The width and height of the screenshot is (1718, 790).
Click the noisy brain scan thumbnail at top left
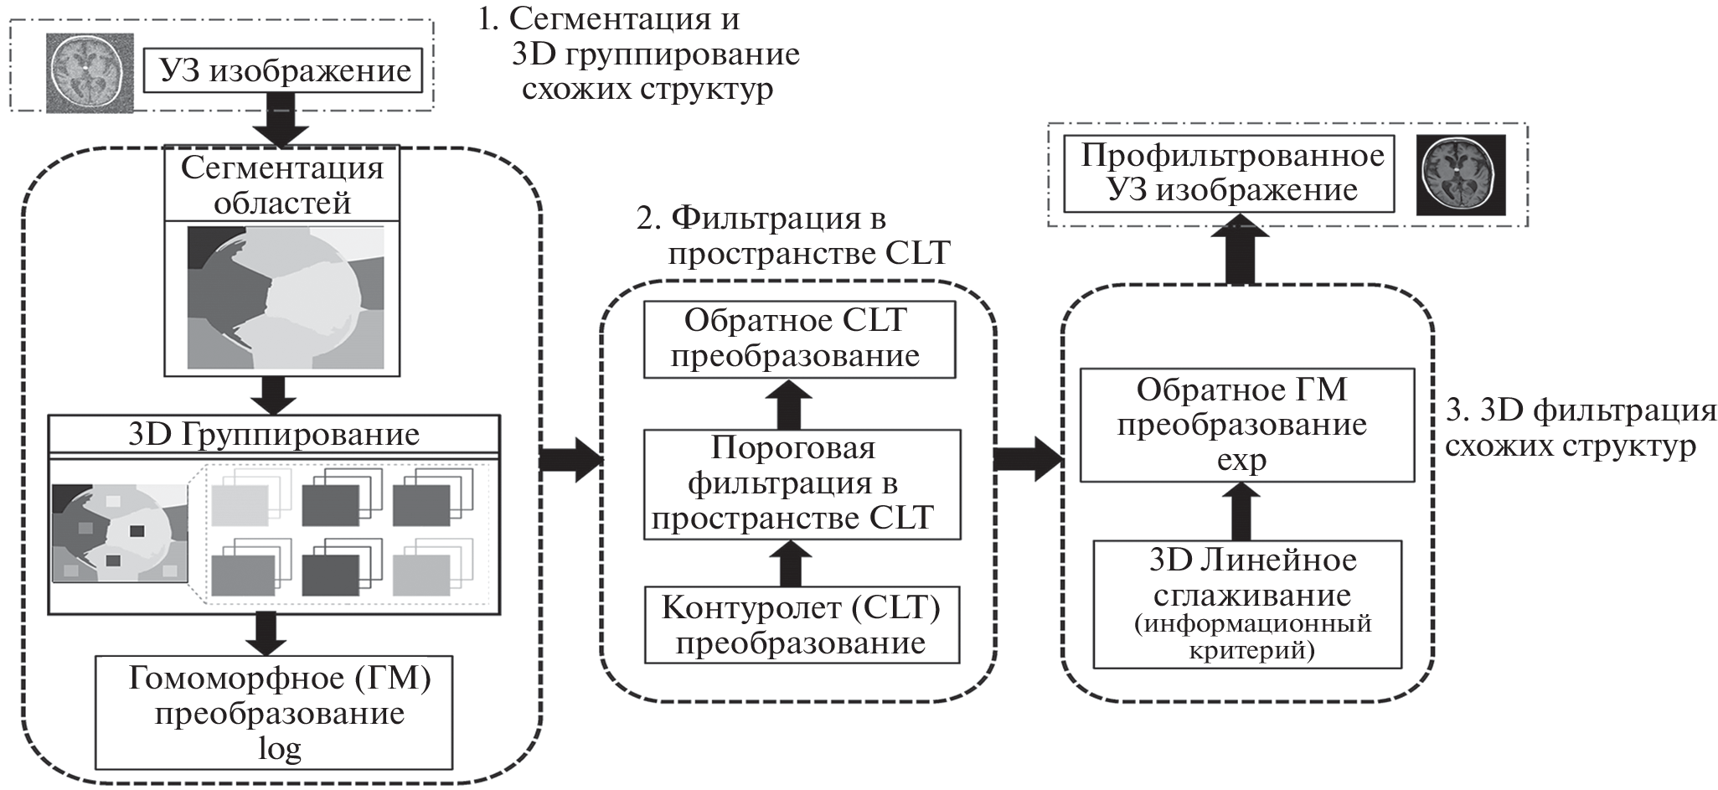[x=89, y=72]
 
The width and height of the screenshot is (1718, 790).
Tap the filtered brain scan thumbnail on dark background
[x=1460, y=174]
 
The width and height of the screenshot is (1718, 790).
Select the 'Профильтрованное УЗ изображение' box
[x=1229, y=173]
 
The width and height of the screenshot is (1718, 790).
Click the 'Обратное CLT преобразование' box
[x=798, y=338]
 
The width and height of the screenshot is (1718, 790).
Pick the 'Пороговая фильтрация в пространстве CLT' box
[x=802, y=484]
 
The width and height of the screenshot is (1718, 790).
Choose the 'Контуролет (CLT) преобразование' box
[x=802, y=625]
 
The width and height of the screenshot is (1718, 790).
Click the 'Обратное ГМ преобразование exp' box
[x=1246, y=425]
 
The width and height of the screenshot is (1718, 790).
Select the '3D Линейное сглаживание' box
[x=1246, y=604]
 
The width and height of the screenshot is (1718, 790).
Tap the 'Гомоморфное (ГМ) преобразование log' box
[x=274, y=712]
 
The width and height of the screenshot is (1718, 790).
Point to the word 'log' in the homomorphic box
[x=279, y=749]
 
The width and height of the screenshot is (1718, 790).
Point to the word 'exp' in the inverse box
[x=1242, y=461]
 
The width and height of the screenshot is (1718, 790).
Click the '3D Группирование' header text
[x=274, y=434]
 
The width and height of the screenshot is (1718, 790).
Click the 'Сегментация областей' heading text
[x=282, y=185]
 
